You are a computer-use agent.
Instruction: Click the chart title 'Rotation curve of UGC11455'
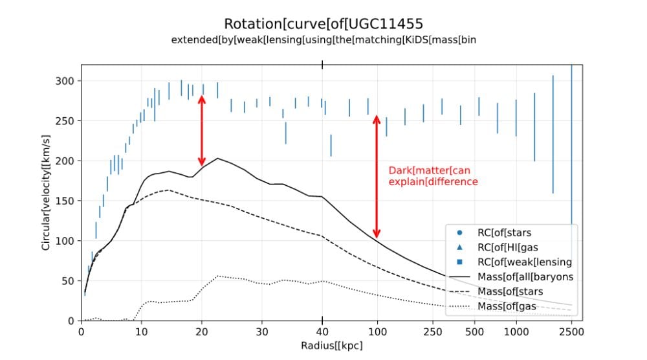pyautogui.click(x=323, y=24)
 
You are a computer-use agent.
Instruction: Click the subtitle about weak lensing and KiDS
pyautogui.click(x=323, y=40)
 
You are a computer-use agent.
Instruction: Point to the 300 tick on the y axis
pyautogui.click(x=65, y=81)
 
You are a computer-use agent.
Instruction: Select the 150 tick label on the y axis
pyautogui.click(x=65, y=201)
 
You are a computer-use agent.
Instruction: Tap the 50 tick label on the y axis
pyautogui.click(x=68, y=281)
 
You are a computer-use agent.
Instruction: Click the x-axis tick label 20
pyautogui.click(x=202, y=332)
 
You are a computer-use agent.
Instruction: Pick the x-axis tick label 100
pyautogui.click(x=377, y=332)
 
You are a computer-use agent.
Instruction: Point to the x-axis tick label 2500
pyautogui.click(x=571, y=332)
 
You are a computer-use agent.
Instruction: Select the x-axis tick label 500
pyautogui.click(x=474, y=332)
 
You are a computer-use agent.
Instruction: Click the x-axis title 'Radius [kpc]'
pyautogui.click(x=332, y=346)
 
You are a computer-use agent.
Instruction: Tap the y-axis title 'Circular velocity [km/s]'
pyautogui.click(x=46, y=192)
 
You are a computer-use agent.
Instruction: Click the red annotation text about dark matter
pyautogui.click(x=433, y=176)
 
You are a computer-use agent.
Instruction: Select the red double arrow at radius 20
pyautogui.click(x=202, y=130)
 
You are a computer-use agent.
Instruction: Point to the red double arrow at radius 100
pyautogui.click(x=377, y=176)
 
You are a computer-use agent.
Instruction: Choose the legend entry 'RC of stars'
pyautogui.click(x=494, y=233)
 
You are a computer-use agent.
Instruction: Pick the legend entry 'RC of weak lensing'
pyautogui.click(x=514, y=262)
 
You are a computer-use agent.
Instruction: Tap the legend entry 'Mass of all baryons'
pyautogui.click(x=511, y=277)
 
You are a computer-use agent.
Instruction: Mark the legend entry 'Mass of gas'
pyautogui.click(x=492, y=306)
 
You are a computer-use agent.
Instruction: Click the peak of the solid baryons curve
pyautogui.click(x=217, y=158)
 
